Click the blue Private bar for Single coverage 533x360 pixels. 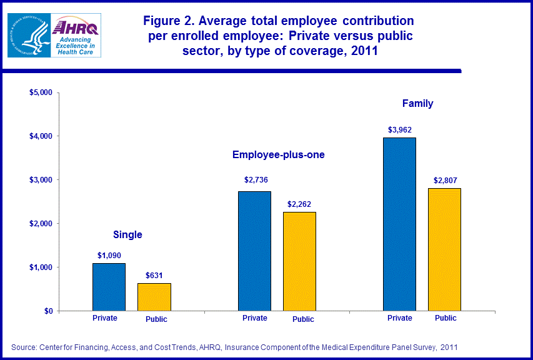[109, 287]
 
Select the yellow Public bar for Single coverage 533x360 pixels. [154, 297]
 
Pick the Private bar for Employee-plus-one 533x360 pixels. [254, 251]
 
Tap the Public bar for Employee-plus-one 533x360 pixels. [299, 261]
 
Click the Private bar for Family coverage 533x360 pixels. [399, 224]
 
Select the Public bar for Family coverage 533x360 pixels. [444, 249]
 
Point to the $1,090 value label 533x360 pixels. [109, 255]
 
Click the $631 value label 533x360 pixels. [154, 275]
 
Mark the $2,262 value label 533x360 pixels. [300, 204]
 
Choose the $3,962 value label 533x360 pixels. [400, 130]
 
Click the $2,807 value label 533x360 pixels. [445, 180]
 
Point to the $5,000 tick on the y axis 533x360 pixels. [42, 92]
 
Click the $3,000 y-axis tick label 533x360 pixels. [42, 180]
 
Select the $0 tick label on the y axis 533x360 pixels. [48, 311]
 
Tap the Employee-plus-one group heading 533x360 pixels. [279, 154]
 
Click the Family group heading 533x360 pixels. [418, 103]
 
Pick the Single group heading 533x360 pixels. [127, 235]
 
